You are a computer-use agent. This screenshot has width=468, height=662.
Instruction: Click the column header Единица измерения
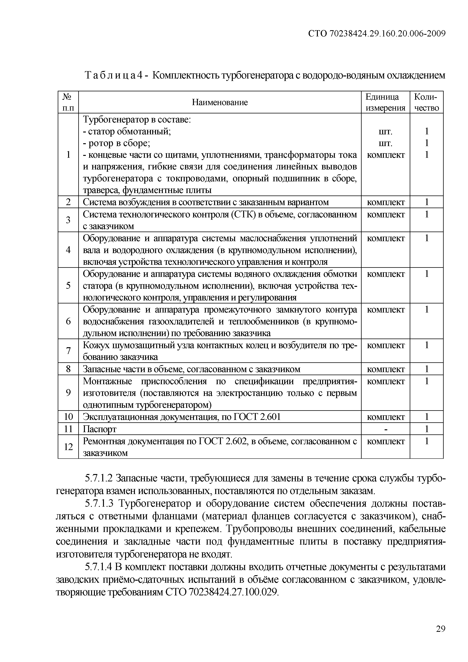coord(385,102)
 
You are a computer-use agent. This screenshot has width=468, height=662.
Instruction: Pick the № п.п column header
coord(68,102)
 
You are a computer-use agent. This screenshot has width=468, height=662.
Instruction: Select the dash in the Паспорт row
coord(386,429)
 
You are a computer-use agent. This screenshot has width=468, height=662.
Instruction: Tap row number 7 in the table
coord(68,351)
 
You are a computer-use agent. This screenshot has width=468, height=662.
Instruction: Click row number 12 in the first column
coord(68,447)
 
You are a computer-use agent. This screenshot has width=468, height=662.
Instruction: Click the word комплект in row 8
coord(386,369)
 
